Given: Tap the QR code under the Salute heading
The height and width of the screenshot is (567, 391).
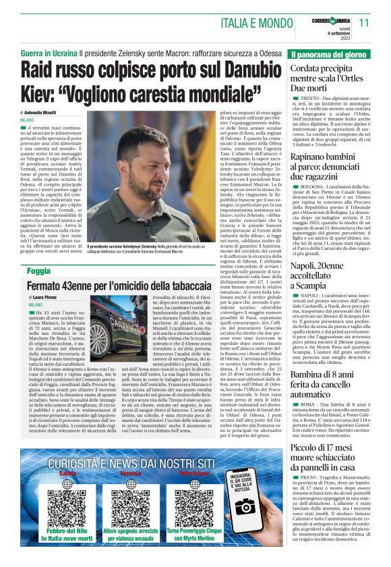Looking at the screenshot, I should coord(67,505).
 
